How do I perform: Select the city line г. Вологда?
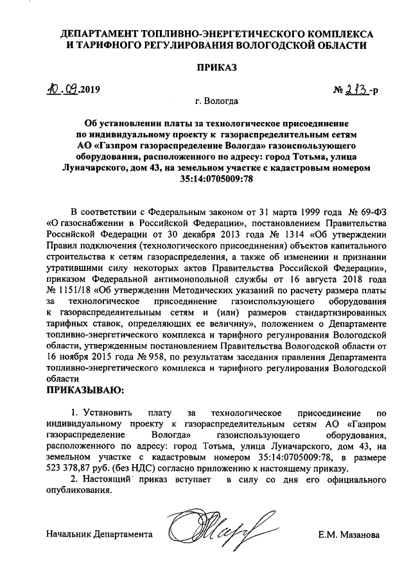(216, 101)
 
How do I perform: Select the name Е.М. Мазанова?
(349, 534)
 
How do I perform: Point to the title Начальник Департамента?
(100, 534)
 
